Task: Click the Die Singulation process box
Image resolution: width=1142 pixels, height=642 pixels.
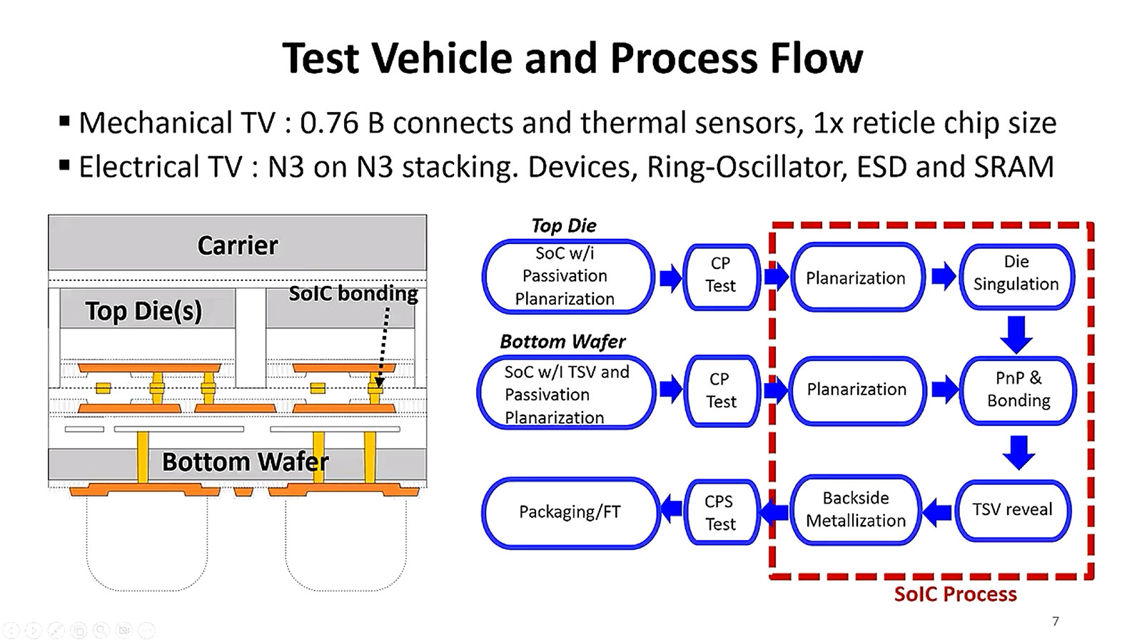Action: pos(1016,273)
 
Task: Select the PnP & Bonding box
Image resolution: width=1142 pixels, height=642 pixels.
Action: pos(1018,389)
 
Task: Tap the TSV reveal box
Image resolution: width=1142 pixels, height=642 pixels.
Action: pos(1012,509)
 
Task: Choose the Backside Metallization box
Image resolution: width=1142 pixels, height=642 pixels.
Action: pos(856,509)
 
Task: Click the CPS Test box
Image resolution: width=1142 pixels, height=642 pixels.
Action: pos(720,513)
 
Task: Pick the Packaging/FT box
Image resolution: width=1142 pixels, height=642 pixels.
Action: pos(570,512)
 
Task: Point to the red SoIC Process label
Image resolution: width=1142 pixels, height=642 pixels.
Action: pos(955,594)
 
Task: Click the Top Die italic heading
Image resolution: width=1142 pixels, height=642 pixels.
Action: pos(563,226)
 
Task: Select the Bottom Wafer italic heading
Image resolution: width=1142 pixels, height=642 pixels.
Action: pos(562,342)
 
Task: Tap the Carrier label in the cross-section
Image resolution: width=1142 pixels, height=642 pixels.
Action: pos(237,245)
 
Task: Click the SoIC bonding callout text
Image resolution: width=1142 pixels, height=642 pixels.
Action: pos(353,293)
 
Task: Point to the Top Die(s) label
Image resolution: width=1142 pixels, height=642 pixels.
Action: pos(143,311)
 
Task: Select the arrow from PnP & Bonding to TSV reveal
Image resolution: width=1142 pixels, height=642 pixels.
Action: pos(1019,452)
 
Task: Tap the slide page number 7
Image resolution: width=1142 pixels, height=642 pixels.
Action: pos(1056,621)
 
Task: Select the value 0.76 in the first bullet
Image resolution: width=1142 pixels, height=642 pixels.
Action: pos(329,123)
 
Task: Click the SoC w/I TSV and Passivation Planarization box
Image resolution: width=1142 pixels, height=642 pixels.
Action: pos(566,394)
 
